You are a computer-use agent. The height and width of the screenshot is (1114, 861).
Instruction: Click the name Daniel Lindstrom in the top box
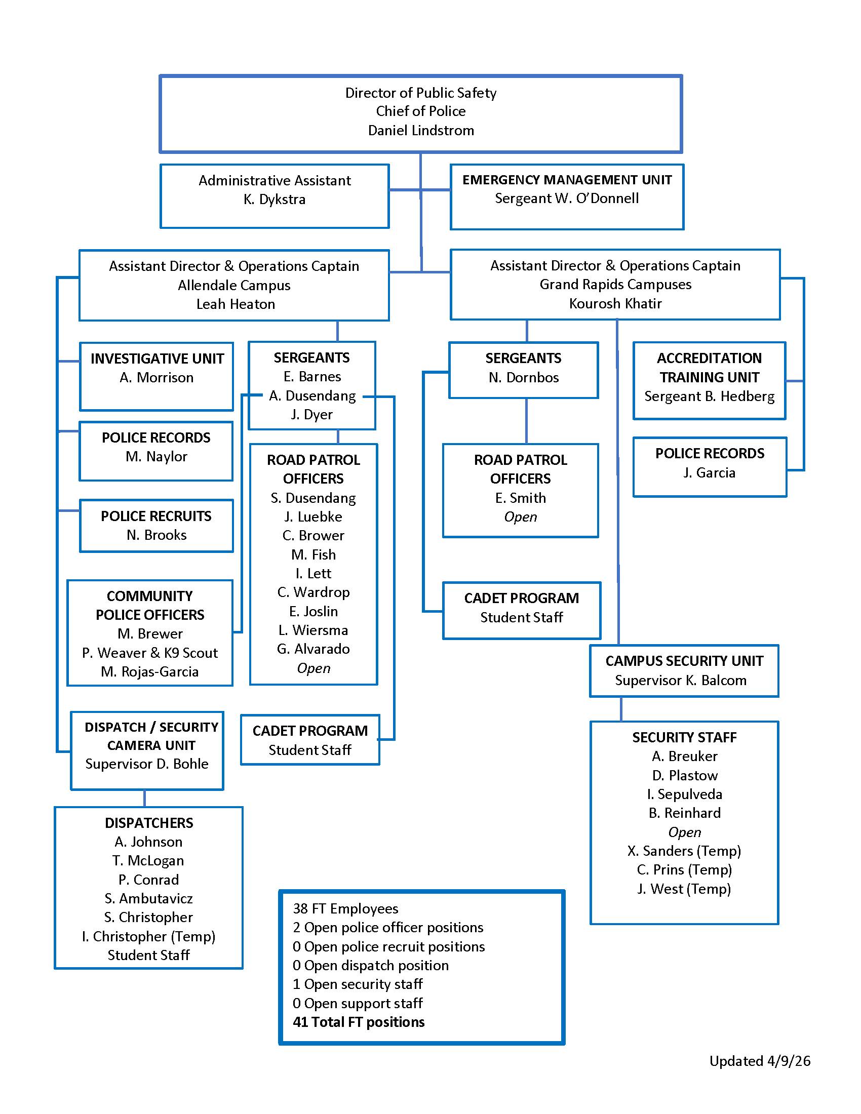(421, 130)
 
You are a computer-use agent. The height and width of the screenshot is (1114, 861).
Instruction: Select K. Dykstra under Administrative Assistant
(275, 200)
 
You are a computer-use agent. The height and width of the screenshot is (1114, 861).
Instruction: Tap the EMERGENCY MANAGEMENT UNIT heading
(567, 180)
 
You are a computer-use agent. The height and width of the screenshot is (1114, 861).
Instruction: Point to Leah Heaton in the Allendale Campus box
(235, 304)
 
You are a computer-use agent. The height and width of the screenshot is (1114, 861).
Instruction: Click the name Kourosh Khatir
(615, 303)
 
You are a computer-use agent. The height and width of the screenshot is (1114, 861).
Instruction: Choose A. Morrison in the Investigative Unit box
(156, 377)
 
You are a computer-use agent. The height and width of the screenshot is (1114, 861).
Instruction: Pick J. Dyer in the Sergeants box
(311, 414)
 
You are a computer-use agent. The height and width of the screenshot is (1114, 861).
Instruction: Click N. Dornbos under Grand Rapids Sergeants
(523, 377)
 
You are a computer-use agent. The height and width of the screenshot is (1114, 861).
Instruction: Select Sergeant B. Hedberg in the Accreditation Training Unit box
(709, 396)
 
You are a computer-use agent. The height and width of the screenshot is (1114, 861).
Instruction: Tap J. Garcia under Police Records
(709, 473)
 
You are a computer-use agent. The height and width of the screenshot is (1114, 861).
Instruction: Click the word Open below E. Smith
(520, 516)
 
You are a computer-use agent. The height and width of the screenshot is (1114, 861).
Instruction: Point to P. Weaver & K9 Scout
(150, 653)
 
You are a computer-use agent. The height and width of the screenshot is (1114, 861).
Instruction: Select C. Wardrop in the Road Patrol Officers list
(313, 592)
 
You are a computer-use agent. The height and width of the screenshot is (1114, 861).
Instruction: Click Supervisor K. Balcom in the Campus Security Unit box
(680, 681)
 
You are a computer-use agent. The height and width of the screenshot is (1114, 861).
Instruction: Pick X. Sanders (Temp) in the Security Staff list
(684, 851)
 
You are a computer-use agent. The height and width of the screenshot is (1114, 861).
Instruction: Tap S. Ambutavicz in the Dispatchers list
(148, 898)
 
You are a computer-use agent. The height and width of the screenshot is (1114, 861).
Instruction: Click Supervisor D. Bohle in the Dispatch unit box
(147, 764)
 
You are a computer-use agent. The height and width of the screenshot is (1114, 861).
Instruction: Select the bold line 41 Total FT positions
(359, 1022)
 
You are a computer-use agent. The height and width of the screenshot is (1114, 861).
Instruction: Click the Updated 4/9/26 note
(760, 1061)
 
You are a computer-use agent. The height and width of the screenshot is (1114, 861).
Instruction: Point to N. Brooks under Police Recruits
(156, 535)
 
